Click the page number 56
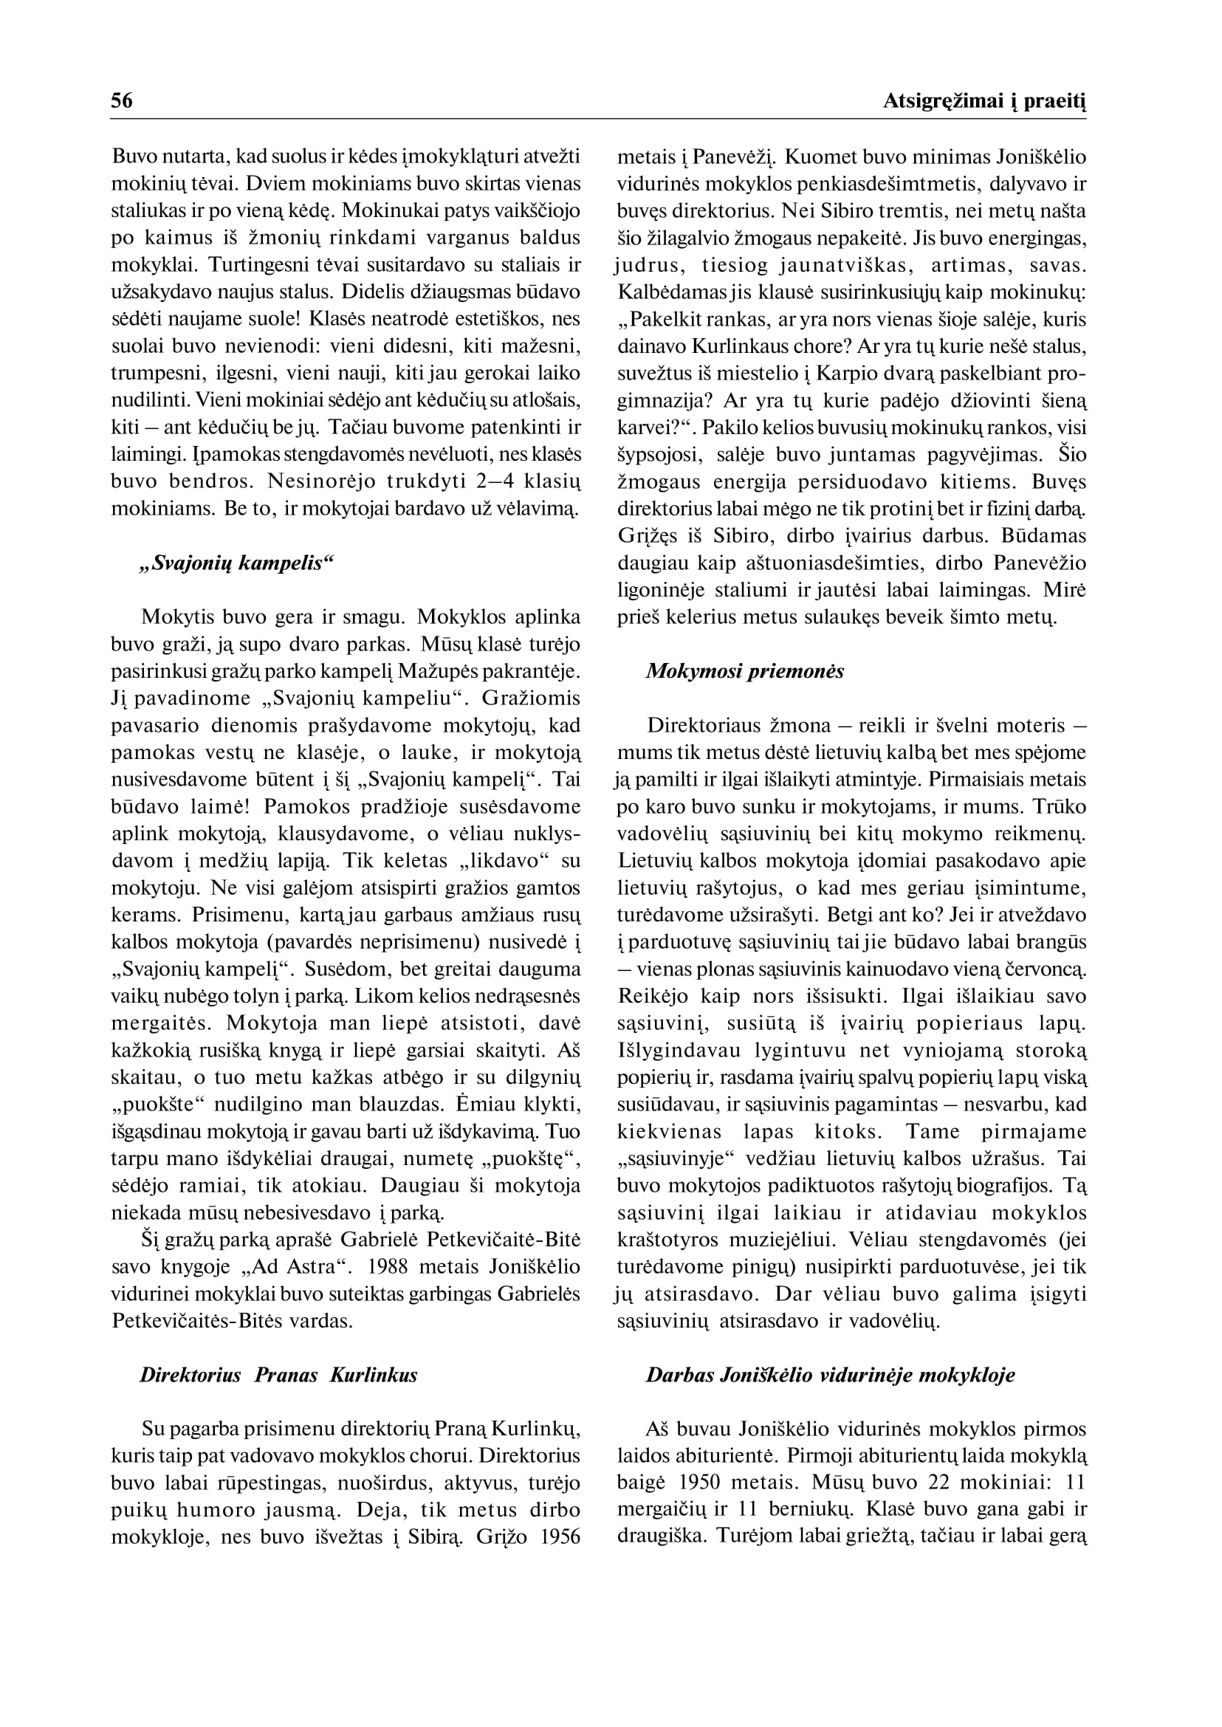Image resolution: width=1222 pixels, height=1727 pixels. [122, 101]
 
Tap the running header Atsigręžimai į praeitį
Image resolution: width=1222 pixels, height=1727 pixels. [985, 102]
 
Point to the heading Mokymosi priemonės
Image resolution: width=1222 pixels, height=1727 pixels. [745, 671]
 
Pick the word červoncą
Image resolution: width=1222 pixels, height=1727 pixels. [1048, 969]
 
